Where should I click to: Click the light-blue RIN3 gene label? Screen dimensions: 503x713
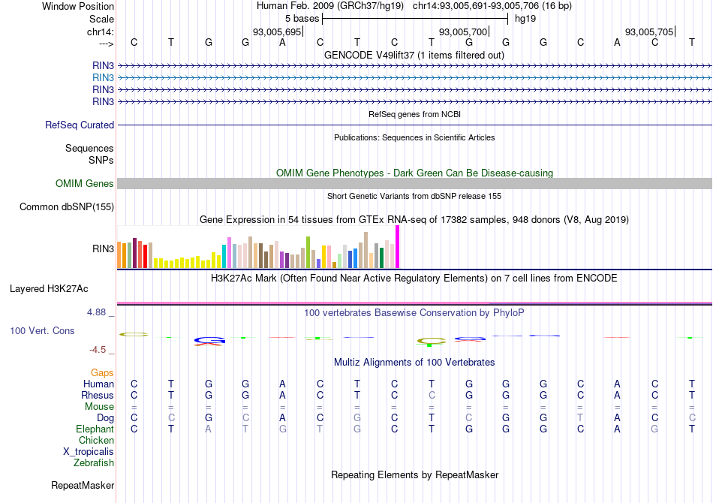pos(103,77)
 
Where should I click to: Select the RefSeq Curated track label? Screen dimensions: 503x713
pos(80,125)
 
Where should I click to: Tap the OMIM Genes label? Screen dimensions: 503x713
pos(85,184)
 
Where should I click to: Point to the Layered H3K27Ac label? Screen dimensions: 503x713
pos(49,288)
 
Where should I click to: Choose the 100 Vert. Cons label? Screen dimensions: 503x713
pos(42,330)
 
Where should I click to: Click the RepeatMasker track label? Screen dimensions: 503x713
pos(83,486)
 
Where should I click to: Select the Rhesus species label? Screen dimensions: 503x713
pos(98,396)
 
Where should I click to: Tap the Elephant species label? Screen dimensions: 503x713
pos(95,429)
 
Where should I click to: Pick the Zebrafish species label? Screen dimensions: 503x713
pos(94,463)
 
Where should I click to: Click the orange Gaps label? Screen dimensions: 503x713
pos(102,373)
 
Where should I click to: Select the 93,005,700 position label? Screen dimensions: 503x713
pos(464,32)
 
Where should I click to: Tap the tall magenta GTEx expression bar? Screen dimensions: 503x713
pos(397,246)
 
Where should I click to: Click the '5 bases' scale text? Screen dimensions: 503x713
pos(302,18)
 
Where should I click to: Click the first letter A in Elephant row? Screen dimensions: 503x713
pos(209,429)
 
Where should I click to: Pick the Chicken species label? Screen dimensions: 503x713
pos(96,441)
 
